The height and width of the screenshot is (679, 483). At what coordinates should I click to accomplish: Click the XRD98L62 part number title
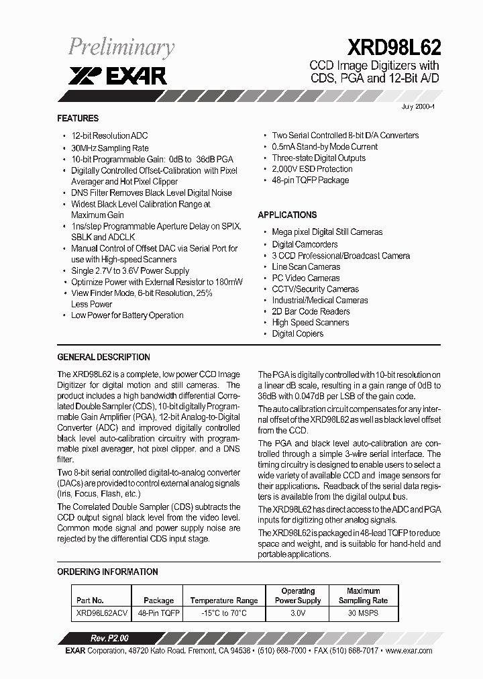click(x=394, y=46)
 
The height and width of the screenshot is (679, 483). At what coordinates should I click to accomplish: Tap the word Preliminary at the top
click(x=121, y=47)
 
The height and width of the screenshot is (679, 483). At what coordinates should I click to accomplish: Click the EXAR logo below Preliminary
click(x=117, y=76)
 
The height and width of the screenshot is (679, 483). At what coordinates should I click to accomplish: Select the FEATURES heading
click(x=78, y=118)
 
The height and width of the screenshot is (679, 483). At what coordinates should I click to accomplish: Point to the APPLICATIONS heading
click(x=287, y=215)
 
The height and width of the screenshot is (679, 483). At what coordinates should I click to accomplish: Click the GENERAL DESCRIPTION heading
click(x=103, y=357)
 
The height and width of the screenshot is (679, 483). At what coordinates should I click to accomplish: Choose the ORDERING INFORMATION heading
click(x=107, y=572)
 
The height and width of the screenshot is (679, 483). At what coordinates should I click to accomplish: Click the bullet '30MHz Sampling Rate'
click(x=110, y=148)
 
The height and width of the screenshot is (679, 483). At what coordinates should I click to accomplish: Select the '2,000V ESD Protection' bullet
click(x=312, y=169)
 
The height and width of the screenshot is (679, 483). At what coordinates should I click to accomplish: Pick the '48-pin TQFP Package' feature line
click(x=310, y=180)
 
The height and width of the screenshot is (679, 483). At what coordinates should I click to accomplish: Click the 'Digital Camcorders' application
click(x=305, y=244)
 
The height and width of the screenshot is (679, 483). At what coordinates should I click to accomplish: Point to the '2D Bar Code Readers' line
click(x=311, y=311)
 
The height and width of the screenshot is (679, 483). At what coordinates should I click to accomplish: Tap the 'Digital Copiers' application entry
click(x=297, y=333)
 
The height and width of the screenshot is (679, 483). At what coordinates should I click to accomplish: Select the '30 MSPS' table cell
click(x=363, y=613)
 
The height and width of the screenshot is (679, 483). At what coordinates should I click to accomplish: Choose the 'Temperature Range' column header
click(x=224, y=600)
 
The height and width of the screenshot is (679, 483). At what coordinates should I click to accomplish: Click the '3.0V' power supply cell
click(x=298, y=613)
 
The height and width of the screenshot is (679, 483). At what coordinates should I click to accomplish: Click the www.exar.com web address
click(x=409, y=651)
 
